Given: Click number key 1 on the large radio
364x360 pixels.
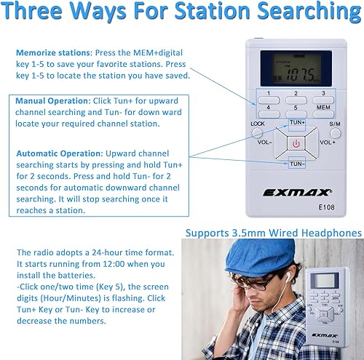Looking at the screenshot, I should point(268,94).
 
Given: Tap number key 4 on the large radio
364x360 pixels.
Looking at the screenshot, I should point(268,107).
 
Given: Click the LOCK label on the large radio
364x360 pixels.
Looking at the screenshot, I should point(257,124).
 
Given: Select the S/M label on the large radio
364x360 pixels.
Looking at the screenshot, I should point(334,124).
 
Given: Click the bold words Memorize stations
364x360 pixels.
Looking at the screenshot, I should point(48,54).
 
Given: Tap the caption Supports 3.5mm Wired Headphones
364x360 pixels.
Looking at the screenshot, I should point(273,233).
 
